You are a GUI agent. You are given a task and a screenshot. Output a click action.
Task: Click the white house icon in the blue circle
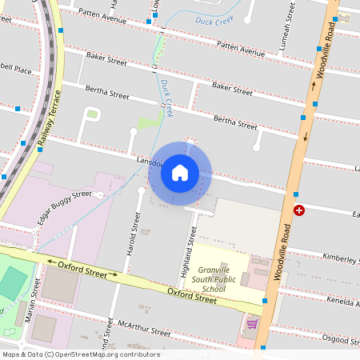point(180,173)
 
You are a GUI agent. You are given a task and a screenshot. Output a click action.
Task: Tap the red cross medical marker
point(299,210)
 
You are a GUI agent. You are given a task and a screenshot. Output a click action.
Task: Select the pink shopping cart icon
point(252,324)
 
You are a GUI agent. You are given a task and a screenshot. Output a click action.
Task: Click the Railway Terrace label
point(50,118)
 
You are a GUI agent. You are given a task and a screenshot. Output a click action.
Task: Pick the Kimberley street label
point(341,258)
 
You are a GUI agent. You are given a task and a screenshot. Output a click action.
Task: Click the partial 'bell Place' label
point(16,70)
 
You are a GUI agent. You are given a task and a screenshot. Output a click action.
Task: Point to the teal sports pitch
point(11,284)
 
